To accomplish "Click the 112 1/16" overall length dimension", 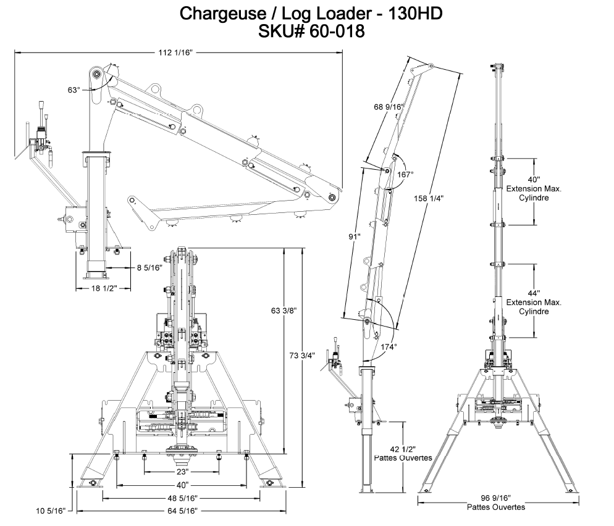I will pos(177,54).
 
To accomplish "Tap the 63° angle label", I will pos(74,90).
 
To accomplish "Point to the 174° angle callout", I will pos(389,347).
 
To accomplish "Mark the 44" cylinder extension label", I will pos(534,293).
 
